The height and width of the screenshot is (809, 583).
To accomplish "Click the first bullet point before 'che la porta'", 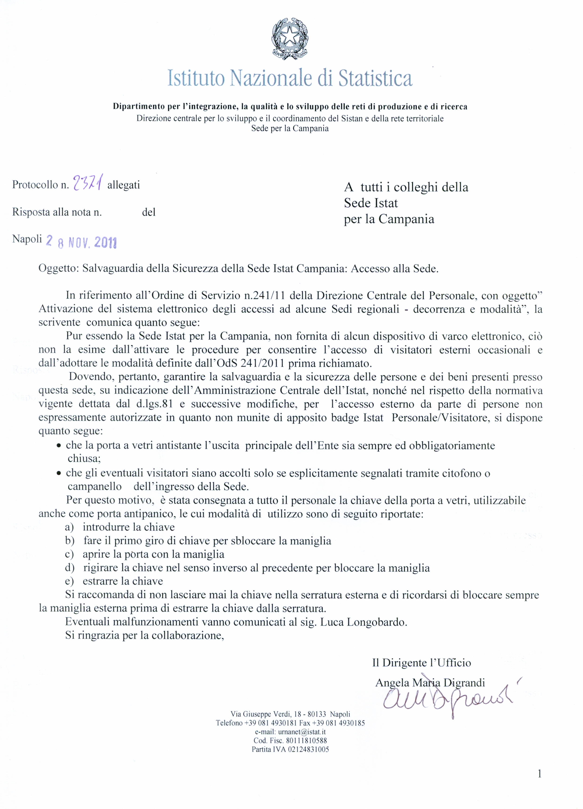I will [x=59, y=446].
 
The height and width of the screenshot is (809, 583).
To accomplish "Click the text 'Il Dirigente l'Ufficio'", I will [x=421, y=663].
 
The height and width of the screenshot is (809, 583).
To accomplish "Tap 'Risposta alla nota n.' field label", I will [x=57, y=212].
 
